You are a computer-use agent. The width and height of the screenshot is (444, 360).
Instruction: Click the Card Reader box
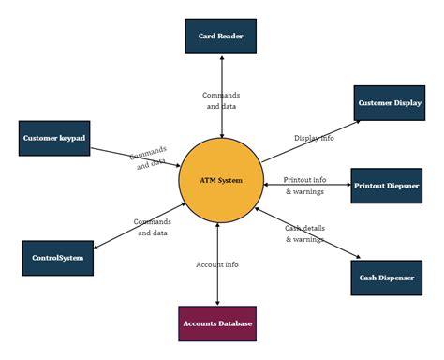220,37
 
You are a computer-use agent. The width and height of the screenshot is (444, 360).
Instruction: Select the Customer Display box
389,103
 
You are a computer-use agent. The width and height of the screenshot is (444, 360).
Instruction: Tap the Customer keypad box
54,138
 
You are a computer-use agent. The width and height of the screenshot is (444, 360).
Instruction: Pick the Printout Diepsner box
388,185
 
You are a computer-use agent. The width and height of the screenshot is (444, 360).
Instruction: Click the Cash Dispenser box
388,277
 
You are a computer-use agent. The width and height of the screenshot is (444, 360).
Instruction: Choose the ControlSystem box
58,257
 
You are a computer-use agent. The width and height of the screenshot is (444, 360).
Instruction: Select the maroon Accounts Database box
217,323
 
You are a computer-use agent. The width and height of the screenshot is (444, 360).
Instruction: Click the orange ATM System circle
220,180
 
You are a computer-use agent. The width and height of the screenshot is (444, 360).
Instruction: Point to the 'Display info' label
314,138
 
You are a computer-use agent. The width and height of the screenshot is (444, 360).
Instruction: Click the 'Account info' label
217,264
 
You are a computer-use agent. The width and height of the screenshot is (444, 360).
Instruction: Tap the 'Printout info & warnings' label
304,186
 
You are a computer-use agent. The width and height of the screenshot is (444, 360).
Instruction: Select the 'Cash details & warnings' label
304,233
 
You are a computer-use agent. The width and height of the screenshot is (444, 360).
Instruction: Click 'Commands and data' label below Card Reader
221,100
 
